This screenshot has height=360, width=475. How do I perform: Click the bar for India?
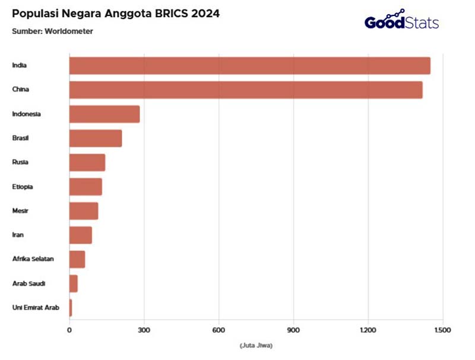(249, 65)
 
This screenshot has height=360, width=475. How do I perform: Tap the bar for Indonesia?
(104, 114)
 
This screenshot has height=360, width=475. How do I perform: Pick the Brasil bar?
(96, 138)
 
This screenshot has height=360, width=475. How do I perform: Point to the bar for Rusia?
(87, 162)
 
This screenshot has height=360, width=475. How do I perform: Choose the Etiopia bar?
(85, 187)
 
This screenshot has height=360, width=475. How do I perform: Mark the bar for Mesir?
(84, 211)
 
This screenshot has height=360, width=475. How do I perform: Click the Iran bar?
(81, 235)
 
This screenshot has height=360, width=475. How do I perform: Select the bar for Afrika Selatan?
(77, 260)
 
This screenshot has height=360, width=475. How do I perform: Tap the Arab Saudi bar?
(74, 284)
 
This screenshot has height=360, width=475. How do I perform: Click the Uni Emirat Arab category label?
(36, 308)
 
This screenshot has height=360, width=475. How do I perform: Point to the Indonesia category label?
(26, 113)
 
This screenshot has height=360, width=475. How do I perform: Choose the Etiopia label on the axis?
(23, 187)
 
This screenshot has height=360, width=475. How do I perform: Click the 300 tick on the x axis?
(144, 330)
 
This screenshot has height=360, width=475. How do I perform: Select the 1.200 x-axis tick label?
(368, 330)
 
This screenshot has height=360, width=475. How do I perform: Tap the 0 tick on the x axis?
(69, 330)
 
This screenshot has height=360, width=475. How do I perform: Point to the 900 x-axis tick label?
(293, 330)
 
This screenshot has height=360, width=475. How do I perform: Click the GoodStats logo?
(401, 21)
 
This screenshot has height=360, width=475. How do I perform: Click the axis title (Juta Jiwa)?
(256, 345)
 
